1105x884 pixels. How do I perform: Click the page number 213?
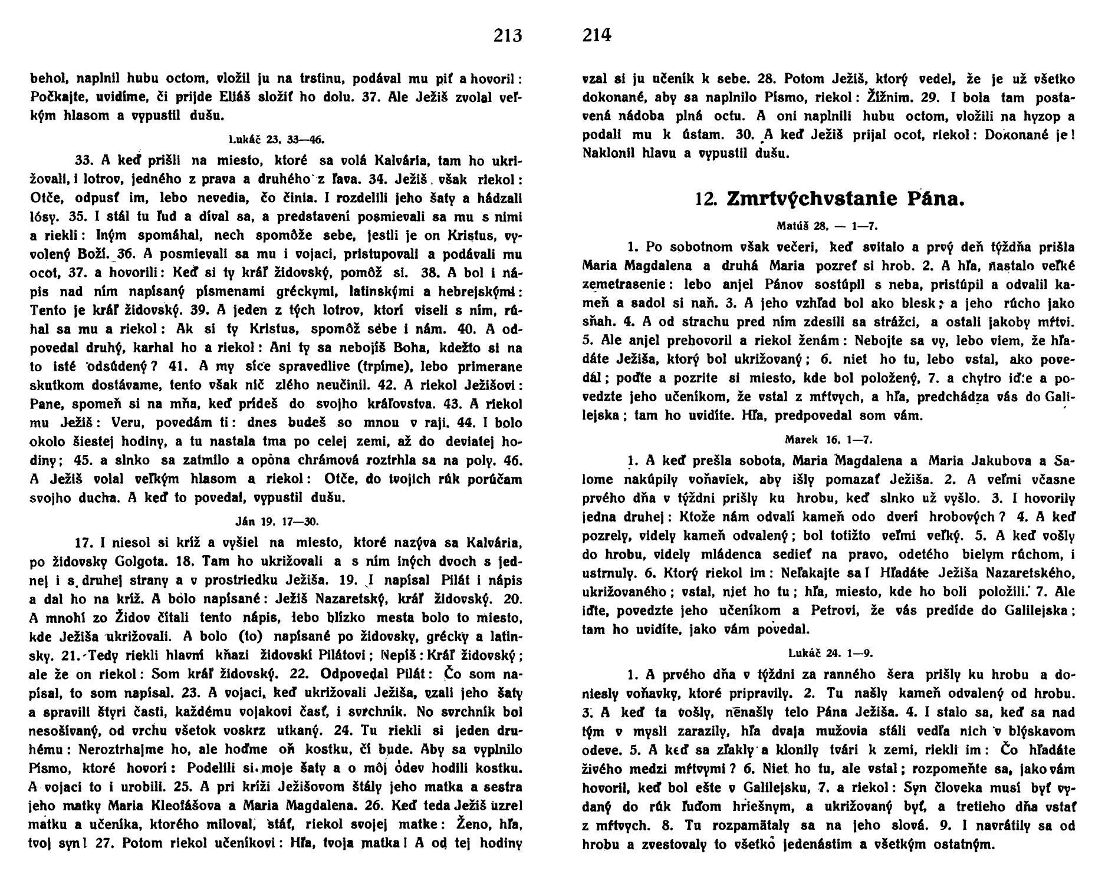508,36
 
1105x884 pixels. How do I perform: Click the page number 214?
597,36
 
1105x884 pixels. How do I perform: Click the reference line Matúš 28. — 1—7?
828,226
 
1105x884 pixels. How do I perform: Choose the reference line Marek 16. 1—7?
828,440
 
